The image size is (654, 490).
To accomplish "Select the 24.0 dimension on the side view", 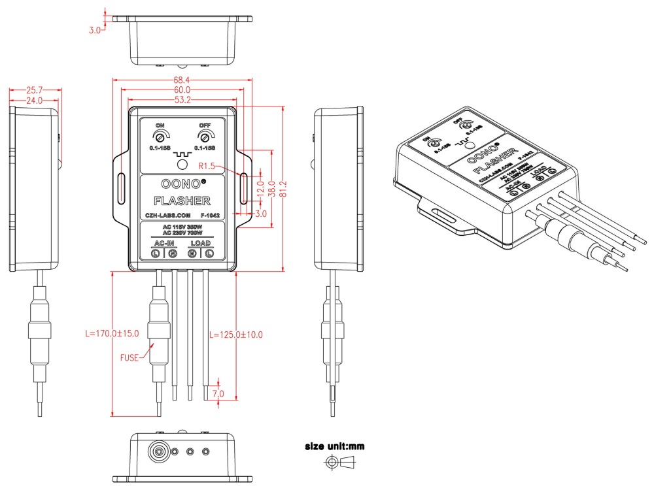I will click(x=33, y=101).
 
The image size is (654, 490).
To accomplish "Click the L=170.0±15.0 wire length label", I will click(x=112, y=333).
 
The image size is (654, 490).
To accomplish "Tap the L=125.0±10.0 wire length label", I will click(x=236, y=335).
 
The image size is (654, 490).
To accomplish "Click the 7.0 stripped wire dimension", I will click(x=218, y=394).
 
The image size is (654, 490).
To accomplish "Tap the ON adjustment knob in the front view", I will click(x=159, y=137).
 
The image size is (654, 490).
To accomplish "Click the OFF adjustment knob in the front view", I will click(x=205, y=137).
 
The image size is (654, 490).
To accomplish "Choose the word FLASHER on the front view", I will click(x=181, y=200).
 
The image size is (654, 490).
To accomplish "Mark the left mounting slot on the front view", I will click(x=120, y=188).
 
